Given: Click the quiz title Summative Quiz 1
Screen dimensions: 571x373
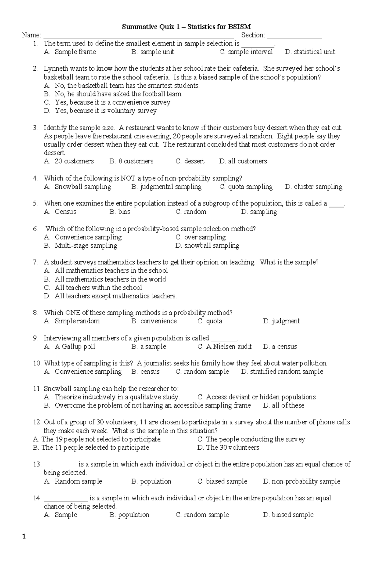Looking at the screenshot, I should pyautogui.click(x=186, y=27).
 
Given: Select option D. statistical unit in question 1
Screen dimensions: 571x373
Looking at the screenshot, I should pyautogui.click(x=310, y=52).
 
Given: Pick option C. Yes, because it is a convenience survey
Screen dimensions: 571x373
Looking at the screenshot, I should pyautogui.click(x=107, y=102).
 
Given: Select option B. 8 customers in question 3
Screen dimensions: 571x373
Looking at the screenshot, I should pyautogui.click(x=131, y=161).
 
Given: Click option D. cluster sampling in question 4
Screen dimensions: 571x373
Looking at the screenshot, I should pyautogui.click(x=313, y=187).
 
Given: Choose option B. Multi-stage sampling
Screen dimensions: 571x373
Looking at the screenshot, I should pyautogui.click(x=81, y=246).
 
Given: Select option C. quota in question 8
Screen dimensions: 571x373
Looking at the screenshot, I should pyautogui.click(x=210, y=321).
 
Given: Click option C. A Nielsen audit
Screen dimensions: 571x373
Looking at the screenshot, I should pyautogui.click(x=224, y=347).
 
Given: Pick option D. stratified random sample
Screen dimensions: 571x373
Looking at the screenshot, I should pyautogui.click(x=282, y=372).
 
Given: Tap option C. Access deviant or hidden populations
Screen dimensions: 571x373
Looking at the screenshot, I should pyautogui.click(x=256, y=397).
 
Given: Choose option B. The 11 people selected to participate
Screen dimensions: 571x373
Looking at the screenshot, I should pyautogui.click(x=91, y=447).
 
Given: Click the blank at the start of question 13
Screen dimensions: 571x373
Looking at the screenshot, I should pyautogui.click(x=60, y=465).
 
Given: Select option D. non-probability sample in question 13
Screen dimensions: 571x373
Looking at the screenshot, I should pyautogui.click(x=302, y=481).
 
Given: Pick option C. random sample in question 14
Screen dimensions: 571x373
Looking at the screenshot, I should pyautogui.click(x=202, y=515).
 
